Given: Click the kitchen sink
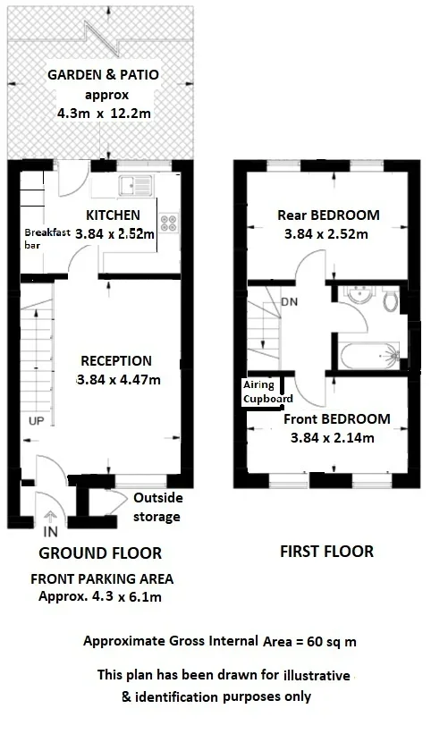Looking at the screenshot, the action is [x=135, y=185].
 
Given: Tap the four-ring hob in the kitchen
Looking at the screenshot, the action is [x=168, y=223].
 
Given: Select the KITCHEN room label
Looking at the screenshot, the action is [x=113, y=215].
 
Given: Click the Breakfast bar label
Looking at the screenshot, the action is [x=47, y=238].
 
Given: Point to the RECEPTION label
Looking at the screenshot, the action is [x=116, y=361].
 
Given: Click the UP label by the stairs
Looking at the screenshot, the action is [x=36, y=421].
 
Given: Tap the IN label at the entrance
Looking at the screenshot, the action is [x=51, y=532].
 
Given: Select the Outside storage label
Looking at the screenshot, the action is [x=157, y=507].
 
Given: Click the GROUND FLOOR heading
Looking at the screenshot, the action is [x=100, y=553].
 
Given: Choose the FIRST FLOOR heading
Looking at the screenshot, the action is [x=326, y=552].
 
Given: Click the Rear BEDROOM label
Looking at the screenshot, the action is [x=328, y=215].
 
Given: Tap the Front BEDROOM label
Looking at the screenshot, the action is [x=337, y=419].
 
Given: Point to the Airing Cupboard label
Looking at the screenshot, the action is [x=267, y=392].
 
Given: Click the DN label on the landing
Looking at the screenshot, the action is [x=290, y=302].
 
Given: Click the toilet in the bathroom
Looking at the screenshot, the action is [x=390, y=300].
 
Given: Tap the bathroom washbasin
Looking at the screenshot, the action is [x=359, y=294].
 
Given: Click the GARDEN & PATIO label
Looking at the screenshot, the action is [x=104, y=74].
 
